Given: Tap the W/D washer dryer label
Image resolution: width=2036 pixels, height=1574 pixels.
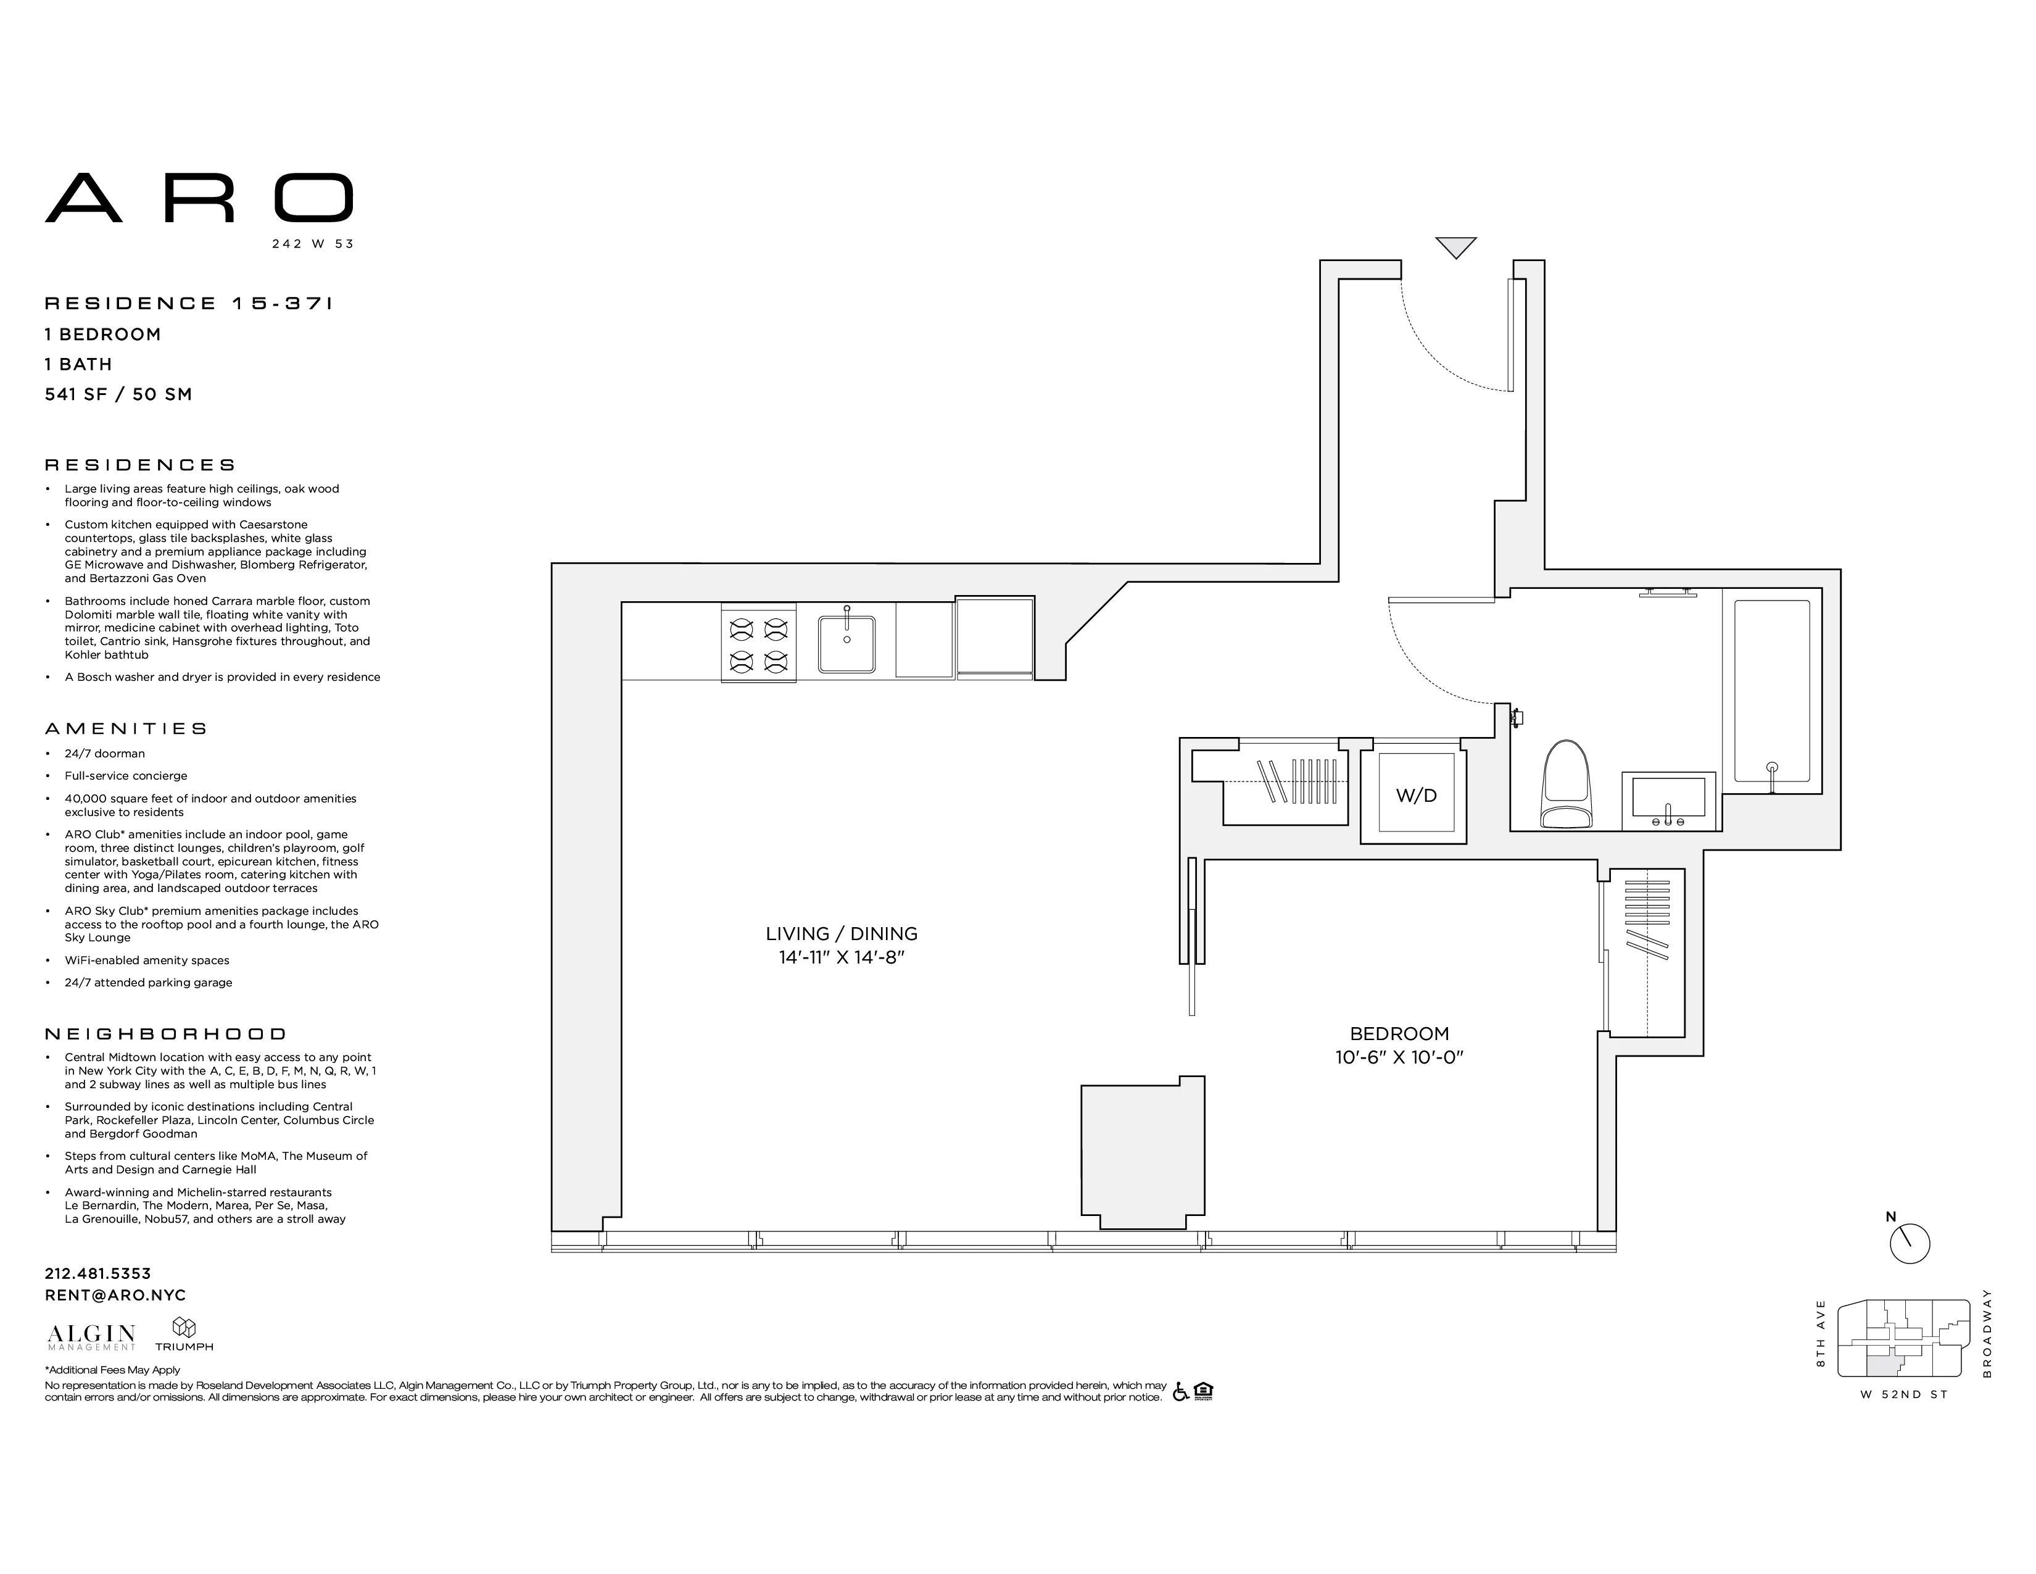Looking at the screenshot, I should [x=1415, y=796].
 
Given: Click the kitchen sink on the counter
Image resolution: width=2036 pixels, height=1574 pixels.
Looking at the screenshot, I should [x=846, y=643].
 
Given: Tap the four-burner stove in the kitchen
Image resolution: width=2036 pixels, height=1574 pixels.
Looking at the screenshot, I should [x=758, y=643].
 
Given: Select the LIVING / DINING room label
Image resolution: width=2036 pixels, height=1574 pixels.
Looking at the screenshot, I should [x=841, y=933].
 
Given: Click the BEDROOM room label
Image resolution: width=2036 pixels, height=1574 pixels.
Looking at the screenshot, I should [x=1398, y=1033].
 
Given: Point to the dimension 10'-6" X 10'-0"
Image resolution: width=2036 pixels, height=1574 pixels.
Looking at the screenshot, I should [x=1398, y=1057].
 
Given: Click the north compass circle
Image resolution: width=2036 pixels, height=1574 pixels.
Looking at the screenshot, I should [x=1910, y=1244].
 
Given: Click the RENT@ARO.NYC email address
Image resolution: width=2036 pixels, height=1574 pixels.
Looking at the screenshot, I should [x=115, y=1295].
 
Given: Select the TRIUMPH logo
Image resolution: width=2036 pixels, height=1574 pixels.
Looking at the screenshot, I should [x=184, y=1335].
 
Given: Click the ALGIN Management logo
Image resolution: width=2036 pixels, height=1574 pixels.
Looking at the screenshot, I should [x=91, y=1336].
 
